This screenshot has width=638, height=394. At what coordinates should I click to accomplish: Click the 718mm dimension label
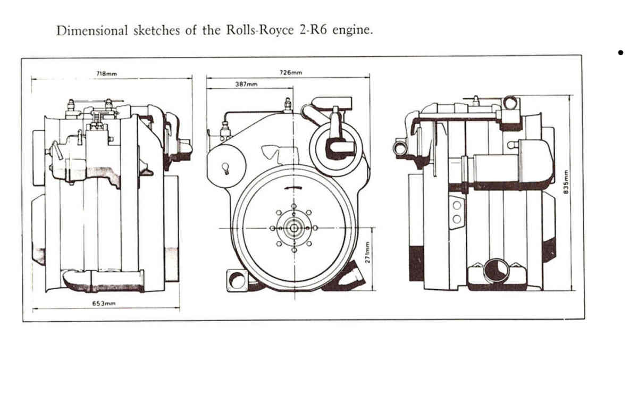[x=106, y=74]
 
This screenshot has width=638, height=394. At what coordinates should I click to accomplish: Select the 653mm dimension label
[x=104, y=304]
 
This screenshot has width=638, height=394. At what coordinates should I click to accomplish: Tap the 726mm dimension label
[x=290, y=73]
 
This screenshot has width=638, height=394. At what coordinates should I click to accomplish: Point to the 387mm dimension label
[x=246, y=85]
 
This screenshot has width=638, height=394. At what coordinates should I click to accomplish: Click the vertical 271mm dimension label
[x=367, y=253]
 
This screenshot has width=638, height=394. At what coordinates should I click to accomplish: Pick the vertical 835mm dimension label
[x=566, y=182]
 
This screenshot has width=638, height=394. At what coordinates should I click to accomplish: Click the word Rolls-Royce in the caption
[x=260, y=30]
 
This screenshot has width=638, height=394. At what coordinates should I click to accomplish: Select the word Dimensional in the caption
[x=93, y=30]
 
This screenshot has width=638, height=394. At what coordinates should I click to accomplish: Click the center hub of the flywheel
[x=294, y=228]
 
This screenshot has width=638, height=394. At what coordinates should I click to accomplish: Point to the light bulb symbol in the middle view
[x=225, y=168]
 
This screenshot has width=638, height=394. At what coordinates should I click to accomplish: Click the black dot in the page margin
[x=620, y=53]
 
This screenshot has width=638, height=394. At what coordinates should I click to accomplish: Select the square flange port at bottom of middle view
[x=237, y=281]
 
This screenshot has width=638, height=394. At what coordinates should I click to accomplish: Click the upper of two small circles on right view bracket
[x=457, y=205]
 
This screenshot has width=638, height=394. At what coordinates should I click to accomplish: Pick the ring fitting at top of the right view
[x=510, y=103]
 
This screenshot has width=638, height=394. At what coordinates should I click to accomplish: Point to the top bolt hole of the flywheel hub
[x=294, y=206]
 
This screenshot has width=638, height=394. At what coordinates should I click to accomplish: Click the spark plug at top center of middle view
[x=288, y=105]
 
